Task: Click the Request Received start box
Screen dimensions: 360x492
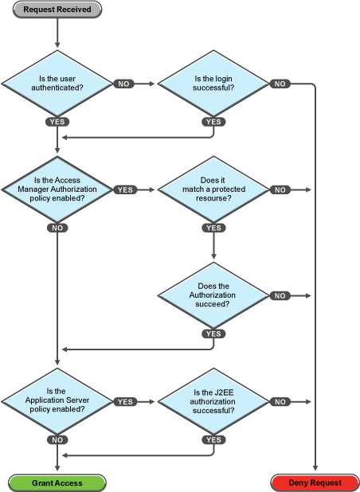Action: point(57,10)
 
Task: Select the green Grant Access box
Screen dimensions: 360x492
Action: point(57,483)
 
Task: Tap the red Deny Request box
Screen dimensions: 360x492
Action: point(315,483)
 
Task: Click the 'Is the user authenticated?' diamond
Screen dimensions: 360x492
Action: point(57,84)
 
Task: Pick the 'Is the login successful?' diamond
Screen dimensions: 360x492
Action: point(213,84)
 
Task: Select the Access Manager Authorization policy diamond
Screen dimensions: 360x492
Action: point(57,189)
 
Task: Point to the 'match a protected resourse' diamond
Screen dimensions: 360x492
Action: point(213,189)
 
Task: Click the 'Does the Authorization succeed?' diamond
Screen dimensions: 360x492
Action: point(213,295)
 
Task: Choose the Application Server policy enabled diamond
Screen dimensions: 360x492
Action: point(57,401)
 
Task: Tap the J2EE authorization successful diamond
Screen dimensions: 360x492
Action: point(213,401)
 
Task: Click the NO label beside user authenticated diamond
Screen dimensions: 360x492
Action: point(123,84)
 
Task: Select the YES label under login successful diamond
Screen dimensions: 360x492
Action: point(213,122)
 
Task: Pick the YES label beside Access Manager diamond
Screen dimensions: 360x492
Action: point(125,189)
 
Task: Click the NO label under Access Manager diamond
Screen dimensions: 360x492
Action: point(57,228)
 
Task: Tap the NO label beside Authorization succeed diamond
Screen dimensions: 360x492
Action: point(280,295)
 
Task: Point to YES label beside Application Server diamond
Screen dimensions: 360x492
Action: point(125,401)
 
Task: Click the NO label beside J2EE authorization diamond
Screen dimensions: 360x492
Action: point(280,401)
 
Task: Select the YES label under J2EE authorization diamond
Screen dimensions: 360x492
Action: point(213,439)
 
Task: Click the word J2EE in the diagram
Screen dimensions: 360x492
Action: point(224,392)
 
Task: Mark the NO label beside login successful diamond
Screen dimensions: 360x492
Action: point(280,84)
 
